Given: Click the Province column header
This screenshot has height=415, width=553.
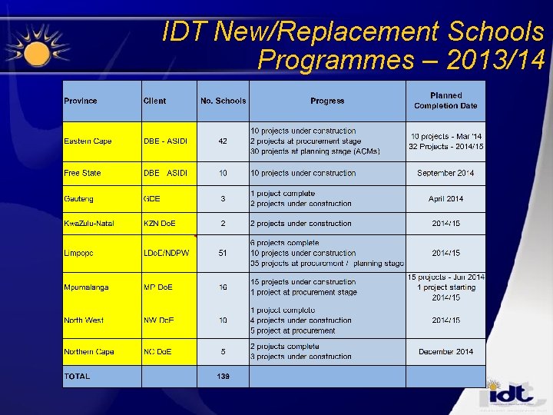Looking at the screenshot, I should [x=81, y=101].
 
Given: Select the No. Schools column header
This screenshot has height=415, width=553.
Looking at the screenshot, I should [x=223, y=101].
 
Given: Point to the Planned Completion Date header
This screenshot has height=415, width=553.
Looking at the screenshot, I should [x=445, y=101].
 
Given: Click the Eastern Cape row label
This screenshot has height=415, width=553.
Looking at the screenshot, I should [x=88, y=141].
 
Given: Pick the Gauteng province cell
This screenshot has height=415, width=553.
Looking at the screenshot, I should [x=78, y=199].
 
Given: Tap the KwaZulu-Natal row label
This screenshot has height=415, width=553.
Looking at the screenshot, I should [x=89, y=224].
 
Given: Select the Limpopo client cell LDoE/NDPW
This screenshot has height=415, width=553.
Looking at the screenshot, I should [x=167, y=253].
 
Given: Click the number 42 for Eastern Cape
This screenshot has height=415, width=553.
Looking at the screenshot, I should [x=223, y=141].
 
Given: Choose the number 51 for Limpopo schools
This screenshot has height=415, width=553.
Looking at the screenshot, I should [x=223, y=253].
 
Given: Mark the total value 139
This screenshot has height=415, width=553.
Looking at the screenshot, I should [x=223, y=377].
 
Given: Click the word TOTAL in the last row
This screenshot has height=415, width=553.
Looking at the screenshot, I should [x=77, y=377].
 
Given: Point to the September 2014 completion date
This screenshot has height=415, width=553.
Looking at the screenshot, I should [x=445, y=174].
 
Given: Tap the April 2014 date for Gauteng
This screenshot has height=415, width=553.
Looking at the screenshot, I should [x=445, y=199].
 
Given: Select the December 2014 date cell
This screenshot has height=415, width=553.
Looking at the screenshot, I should [x=445, y=352].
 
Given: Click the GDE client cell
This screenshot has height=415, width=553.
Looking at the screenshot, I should [x=152, y=199].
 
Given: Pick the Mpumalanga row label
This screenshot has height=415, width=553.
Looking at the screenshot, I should [x=86, y=287].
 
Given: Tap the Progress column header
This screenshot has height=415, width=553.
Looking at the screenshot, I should [x=327, y=101].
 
